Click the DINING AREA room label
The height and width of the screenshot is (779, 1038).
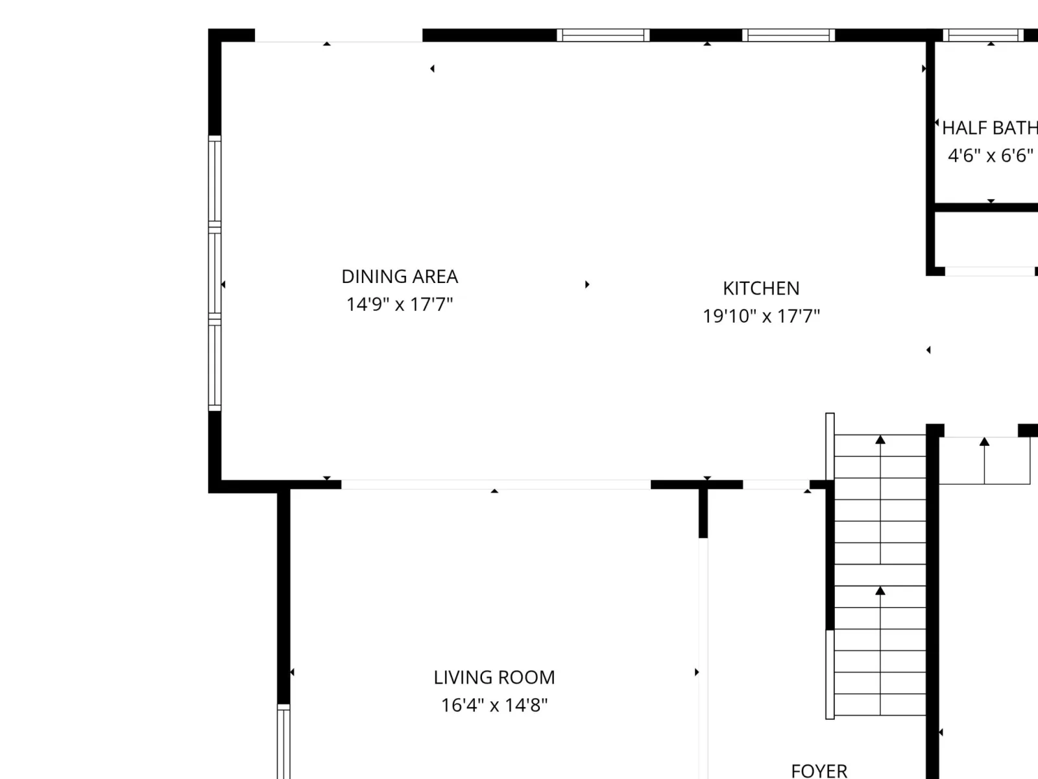click(x=400, y=277)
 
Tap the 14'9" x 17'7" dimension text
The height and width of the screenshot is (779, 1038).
click(x=400, y=304)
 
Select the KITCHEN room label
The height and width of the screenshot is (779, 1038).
click(x=762, y=288)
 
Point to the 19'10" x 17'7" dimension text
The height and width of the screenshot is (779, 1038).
click(x=762, y=316)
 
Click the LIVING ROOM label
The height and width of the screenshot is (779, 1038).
click(x=494, y=678)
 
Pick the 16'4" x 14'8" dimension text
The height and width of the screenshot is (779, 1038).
click(x=494, y=705)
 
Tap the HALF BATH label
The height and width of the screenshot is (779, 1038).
click(x=990, y=128)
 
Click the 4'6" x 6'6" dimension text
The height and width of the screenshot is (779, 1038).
click(x=991, y=156)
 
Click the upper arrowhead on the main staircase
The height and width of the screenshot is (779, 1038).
click(x=880, y=440)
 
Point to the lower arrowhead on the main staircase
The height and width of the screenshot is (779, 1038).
click(x=880, y=591)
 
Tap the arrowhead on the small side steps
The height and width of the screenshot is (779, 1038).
click(x=985, y=441)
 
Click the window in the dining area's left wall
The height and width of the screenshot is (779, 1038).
click(x=215, y=273)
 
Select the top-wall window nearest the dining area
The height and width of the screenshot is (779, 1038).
click(x=603, y=36)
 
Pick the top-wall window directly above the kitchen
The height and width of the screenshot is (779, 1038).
click(x=788, y=36)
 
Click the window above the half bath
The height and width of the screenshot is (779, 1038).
click(x=983, y=36)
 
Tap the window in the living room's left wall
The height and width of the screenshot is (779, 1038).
click(x=284, y=741)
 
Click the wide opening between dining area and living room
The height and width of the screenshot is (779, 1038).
click(x=496, y=484)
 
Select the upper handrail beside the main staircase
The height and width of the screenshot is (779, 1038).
click(x=830, y=447)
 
